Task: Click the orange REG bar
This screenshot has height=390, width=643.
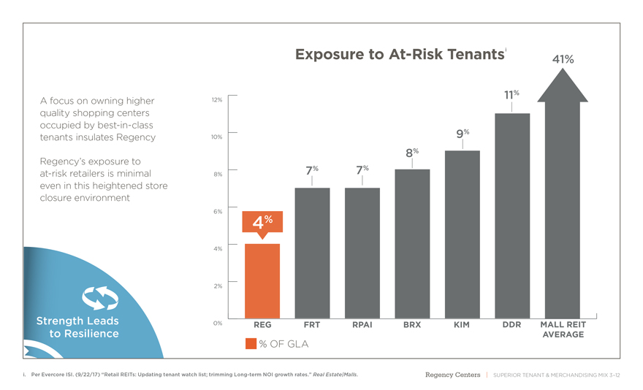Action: pos(262,281)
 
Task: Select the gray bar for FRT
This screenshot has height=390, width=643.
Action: pos(312,252)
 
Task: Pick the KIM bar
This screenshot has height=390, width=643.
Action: pos(462,234)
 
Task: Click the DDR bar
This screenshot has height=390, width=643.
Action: pos(511,215)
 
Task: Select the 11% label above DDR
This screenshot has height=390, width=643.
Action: pos(511,95)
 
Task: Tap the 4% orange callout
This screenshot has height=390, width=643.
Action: pos(262,222)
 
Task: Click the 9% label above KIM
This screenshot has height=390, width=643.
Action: pos(462,134)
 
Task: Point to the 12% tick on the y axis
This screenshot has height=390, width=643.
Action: pos(217,99)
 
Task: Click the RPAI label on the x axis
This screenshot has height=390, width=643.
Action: pos(362,325)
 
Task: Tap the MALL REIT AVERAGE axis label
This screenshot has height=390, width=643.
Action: pos(562,329)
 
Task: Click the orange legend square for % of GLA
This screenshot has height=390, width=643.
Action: pos(251,344)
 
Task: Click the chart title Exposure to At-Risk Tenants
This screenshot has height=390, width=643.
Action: pos(400,55)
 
